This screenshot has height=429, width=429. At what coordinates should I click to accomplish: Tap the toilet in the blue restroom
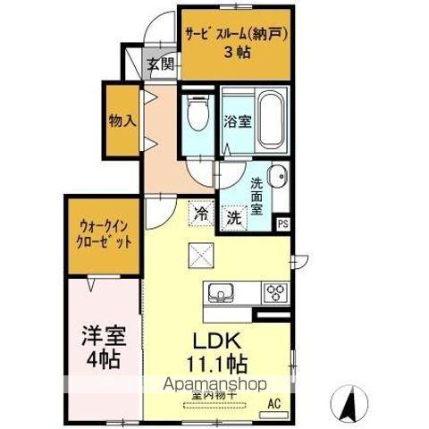(x=198, y=117)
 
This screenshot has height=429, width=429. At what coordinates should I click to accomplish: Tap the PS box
(x=283, y=224)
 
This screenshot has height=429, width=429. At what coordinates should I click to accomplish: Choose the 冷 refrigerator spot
(x=200, y=214)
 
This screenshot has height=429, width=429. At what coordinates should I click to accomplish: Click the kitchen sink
(x=221, y=292)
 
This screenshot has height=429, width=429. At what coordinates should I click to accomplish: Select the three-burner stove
(x=274, y=292)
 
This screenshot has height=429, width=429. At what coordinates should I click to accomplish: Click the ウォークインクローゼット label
(x=103, y=235)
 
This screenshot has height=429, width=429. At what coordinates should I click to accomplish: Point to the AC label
(x=274, y=402)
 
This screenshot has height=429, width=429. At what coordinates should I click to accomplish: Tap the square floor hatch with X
(x=198, y=255)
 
